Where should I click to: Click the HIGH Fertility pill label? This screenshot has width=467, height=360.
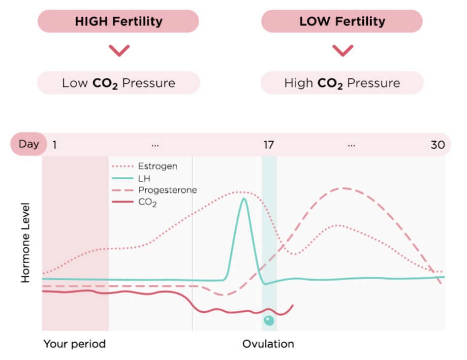118,21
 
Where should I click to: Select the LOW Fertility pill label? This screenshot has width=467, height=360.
342,21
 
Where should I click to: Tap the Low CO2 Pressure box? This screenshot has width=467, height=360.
118,83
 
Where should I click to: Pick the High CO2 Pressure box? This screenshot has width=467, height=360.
342,83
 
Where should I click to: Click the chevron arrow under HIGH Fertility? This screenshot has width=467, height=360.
119,50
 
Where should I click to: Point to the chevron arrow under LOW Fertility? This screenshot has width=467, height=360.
343,50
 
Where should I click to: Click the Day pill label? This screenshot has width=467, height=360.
28,144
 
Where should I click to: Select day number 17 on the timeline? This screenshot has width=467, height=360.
268,145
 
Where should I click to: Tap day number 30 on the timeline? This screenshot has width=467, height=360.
438,145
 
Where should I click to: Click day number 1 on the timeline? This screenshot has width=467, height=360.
54,145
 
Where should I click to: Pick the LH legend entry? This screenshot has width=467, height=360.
144,178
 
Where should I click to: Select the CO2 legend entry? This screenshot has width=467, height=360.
147,203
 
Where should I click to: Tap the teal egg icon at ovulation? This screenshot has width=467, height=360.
269,320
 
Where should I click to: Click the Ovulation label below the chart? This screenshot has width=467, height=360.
268,344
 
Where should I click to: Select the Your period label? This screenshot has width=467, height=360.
74,344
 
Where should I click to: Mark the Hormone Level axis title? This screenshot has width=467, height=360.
26,243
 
